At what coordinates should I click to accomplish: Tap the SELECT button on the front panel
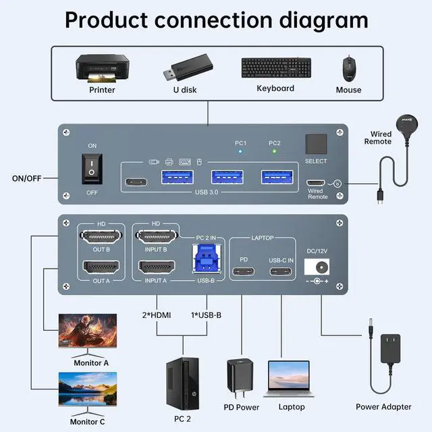pyautogui.click(x=316, y=144)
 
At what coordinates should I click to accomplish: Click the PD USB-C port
pyautogui.click(x=244, y=273)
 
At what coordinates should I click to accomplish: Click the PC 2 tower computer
pyautogui.click(x=182, y=381)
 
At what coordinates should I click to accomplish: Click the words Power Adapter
pyautogui.click(x=383, y=407)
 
